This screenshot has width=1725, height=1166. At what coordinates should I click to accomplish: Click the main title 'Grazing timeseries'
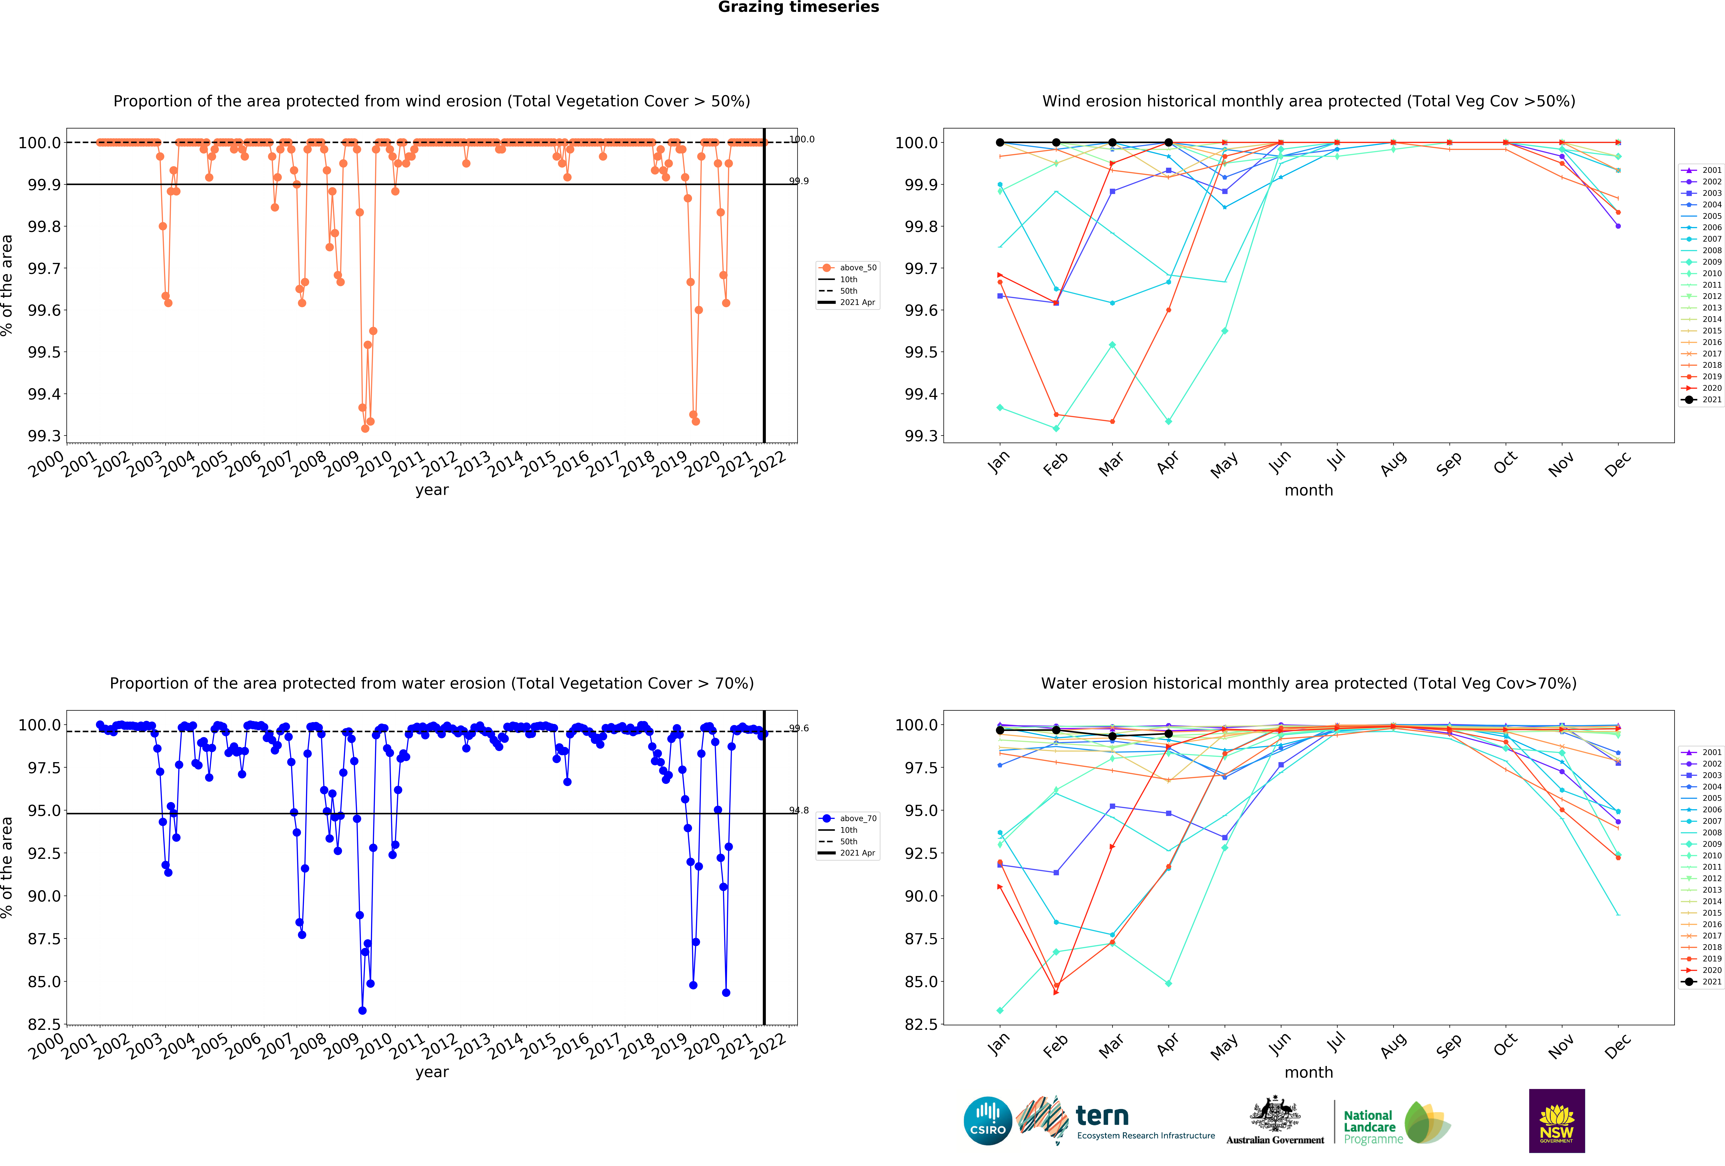tap(798, 7)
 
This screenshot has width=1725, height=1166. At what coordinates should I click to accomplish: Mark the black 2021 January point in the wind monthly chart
tap(1000, 143)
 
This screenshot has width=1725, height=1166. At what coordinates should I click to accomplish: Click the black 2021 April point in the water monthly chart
tap(1168, 734)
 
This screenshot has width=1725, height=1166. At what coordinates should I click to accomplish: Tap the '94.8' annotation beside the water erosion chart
tap(799, 810)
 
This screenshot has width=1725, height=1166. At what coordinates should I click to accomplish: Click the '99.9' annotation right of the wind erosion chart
tap(799, 181)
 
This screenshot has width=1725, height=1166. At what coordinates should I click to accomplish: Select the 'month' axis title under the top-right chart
tap(1309, 491)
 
